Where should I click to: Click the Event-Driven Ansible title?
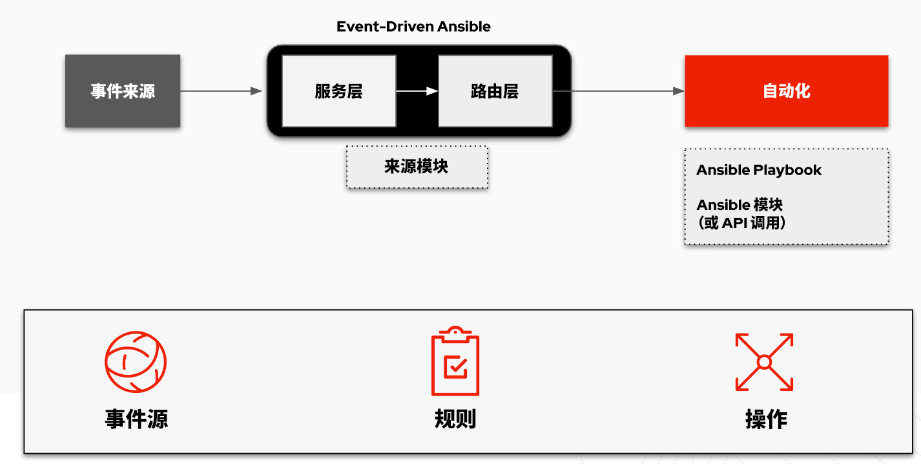coord(413,26)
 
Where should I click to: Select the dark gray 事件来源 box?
coord(123,91)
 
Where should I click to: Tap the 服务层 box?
coord(339,91)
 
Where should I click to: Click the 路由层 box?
coord(495,91)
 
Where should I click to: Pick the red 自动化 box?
coord(787,91)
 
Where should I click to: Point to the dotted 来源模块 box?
coord(417,167)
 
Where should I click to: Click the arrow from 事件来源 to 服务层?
coord(221,91)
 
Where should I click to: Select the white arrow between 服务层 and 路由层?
coord(417,91)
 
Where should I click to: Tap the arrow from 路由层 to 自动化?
coord(618,91)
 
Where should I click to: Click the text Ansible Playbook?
coord(759,170)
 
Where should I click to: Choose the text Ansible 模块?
coord(740,204)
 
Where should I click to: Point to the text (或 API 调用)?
coord(741,223)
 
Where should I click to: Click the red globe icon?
coord(135,362)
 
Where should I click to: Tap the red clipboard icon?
coord(455,361)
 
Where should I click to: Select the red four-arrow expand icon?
coord(764,362)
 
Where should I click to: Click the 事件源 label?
coord(136,419)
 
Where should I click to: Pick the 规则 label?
coord(455,419)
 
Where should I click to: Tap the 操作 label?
coord(766,419)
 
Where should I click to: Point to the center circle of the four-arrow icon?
coord(764,362)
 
